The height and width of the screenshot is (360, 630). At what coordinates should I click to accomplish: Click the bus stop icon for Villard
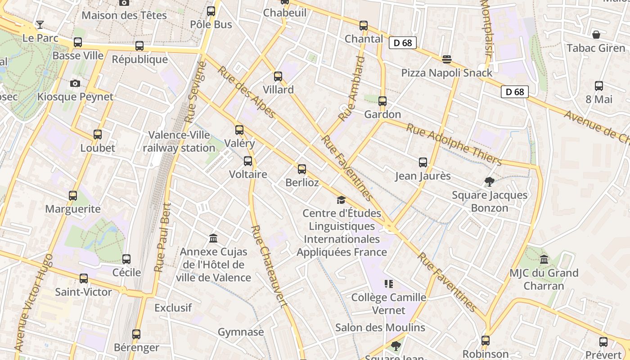click(278, 76)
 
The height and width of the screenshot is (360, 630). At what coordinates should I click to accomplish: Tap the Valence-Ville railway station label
click(179, 141)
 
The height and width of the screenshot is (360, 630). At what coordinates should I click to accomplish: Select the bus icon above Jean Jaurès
click(423, 162)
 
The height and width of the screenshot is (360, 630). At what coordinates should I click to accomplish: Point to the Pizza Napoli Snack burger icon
click(446, 59)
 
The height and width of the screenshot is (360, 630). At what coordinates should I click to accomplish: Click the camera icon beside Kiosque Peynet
click(75, 83)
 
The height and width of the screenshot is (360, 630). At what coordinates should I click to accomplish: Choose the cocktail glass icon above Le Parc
click(40, 25)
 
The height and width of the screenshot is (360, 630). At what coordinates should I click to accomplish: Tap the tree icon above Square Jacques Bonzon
click(490, 182)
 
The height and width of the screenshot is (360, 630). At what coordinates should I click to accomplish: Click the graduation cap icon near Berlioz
click(341, 200)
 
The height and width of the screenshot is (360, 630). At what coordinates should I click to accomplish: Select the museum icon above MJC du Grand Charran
click(544, 260)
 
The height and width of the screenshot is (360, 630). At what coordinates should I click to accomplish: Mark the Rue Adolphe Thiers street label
click(454, 144)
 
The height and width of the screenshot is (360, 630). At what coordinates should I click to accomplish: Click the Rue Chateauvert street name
click(269, 265)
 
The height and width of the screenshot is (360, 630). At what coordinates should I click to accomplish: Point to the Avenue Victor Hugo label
click(33, 302)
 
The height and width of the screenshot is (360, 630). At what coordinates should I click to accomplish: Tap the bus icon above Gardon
click(382, 101)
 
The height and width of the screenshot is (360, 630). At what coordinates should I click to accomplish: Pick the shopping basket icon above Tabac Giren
click(596, 35)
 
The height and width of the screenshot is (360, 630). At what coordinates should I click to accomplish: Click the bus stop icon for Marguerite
click(73, 196)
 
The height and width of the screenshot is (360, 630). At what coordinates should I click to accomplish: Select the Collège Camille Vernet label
click(389, 304)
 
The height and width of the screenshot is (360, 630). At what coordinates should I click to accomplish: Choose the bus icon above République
click(139, 46)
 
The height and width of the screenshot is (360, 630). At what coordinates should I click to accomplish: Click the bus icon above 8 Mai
click(599, 86)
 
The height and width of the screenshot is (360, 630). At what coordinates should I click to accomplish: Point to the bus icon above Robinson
click(486, 341)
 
